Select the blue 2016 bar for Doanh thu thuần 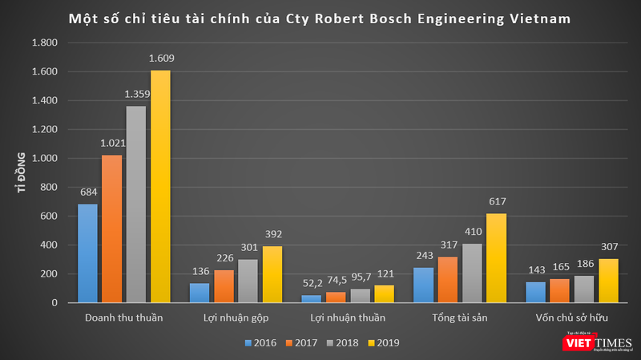click(x=87, y=253)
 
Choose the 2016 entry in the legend click(x=260, y=342)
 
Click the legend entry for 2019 click(x=381, y=342)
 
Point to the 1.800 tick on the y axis click(x=44, y=43)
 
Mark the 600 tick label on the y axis click(x=48, y=216)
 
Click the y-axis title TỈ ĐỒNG click(x=22, y=172)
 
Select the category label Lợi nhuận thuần click(x=348, y=318)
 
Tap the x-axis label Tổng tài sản click(x=459, y=318)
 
